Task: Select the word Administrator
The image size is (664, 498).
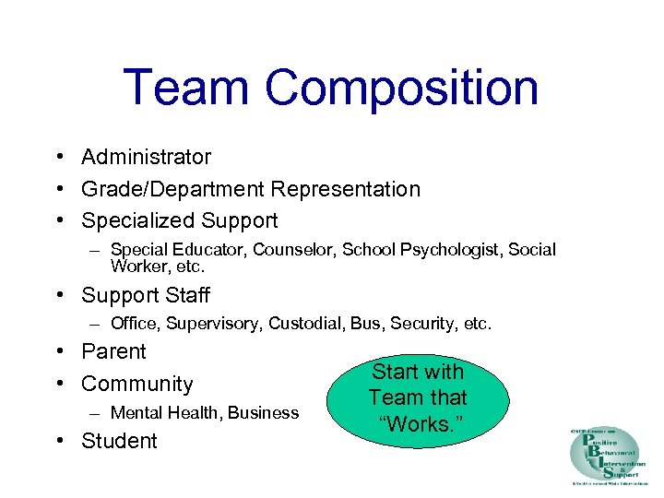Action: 146,158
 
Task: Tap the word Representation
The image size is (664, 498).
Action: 345,189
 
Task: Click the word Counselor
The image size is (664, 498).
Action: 295,250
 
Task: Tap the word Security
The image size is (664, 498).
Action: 423,324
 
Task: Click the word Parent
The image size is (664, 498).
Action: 113,351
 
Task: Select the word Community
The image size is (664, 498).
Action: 137,384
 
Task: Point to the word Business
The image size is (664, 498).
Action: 263,412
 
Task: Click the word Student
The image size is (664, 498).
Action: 119,441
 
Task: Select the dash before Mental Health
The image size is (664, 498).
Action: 96,412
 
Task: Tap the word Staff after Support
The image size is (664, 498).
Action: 186,295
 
